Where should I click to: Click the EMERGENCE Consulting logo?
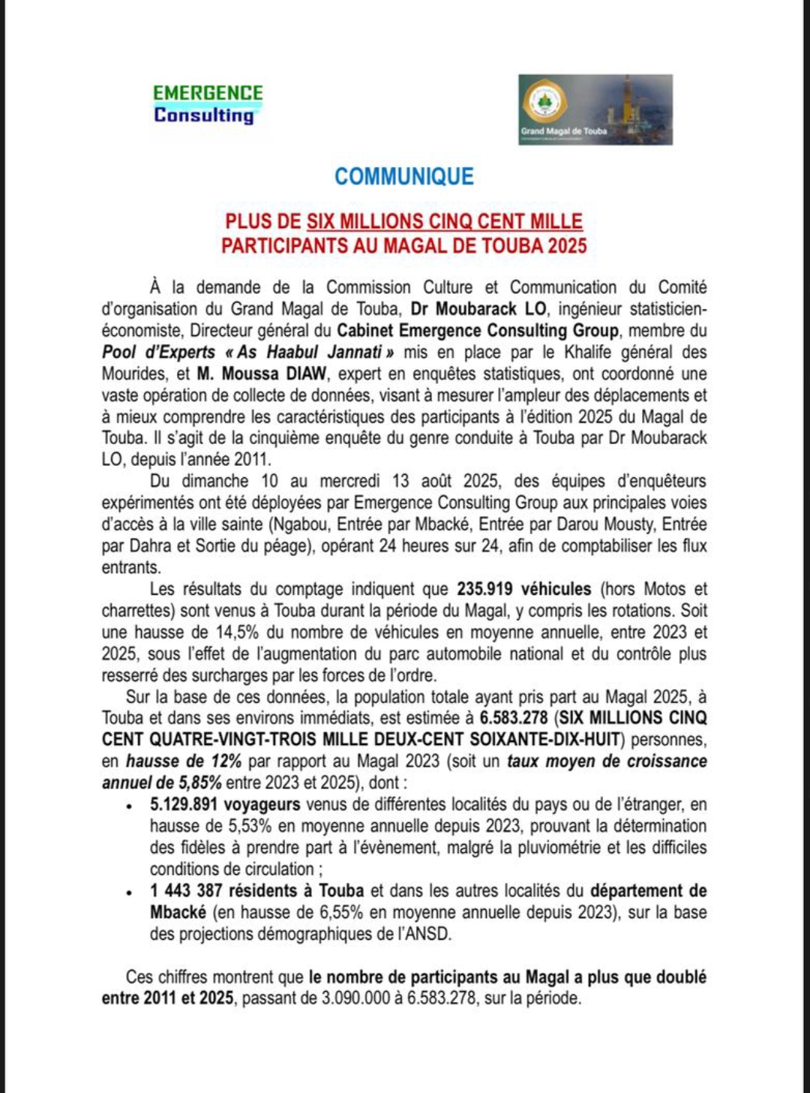pos(208,104)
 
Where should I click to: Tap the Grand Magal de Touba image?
pos(595,110)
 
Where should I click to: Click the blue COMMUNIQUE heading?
pos(403,176)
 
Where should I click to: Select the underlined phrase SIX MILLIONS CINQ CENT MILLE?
pos(444,221)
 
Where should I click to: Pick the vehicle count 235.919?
pos(487,590)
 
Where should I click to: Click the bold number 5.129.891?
pos(184,805)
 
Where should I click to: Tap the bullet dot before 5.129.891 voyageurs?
pos(130,806)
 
